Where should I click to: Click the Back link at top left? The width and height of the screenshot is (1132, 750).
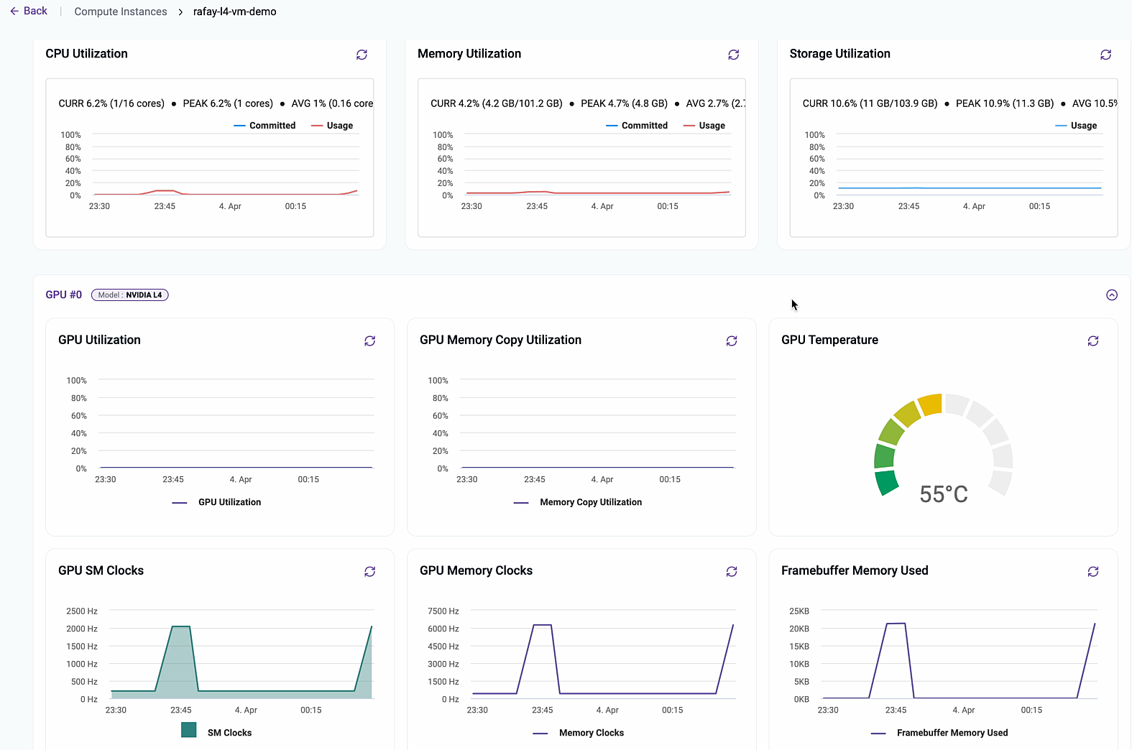click(x=29, y=11)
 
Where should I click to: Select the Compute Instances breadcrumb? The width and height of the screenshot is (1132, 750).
click(x=120, y=11)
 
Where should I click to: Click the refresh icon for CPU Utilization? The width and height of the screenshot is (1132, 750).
click(x=362, y=55)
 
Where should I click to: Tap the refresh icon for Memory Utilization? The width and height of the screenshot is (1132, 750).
click(x=733, y=55)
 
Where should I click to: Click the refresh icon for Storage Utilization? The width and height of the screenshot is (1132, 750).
click(x=1105, y=55)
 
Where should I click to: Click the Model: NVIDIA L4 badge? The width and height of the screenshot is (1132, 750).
click(x=129, y=295)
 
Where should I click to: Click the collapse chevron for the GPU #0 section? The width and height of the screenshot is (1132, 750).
click(x=1111, y=295)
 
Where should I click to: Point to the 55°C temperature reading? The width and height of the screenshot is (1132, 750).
click(x=943, y=494)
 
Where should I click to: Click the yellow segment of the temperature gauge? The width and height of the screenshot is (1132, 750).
click(x=930, y=404)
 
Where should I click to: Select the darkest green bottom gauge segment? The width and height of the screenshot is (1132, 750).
click(x=887, y=482)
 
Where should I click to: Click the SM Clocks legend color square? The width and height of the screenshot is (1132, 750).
click(x=189, y=730)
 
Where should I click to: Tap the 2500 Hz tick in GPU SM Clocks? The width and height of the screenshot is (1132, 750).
click(x=81, y=611)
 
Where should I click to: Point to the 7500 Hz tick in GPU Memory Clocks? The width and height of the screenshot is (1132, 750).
click(x=443, y=611)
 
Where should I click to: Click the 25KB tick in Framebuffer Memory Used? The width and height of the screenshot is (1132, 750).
click(x=799, y=611)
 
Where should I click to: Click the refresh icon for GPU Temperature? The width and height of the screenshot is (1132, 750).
click(x=1092, y=341)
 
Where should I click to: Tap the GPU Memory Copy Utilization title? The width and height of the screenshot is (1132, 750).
click(x=500, y=340)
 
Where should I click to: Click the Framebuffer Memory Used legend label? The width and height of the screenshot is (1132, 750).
click(x=952, y=733)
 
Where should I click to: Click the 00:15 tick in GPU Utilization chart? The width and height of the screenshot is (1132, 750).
click(x=308, y=479)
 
